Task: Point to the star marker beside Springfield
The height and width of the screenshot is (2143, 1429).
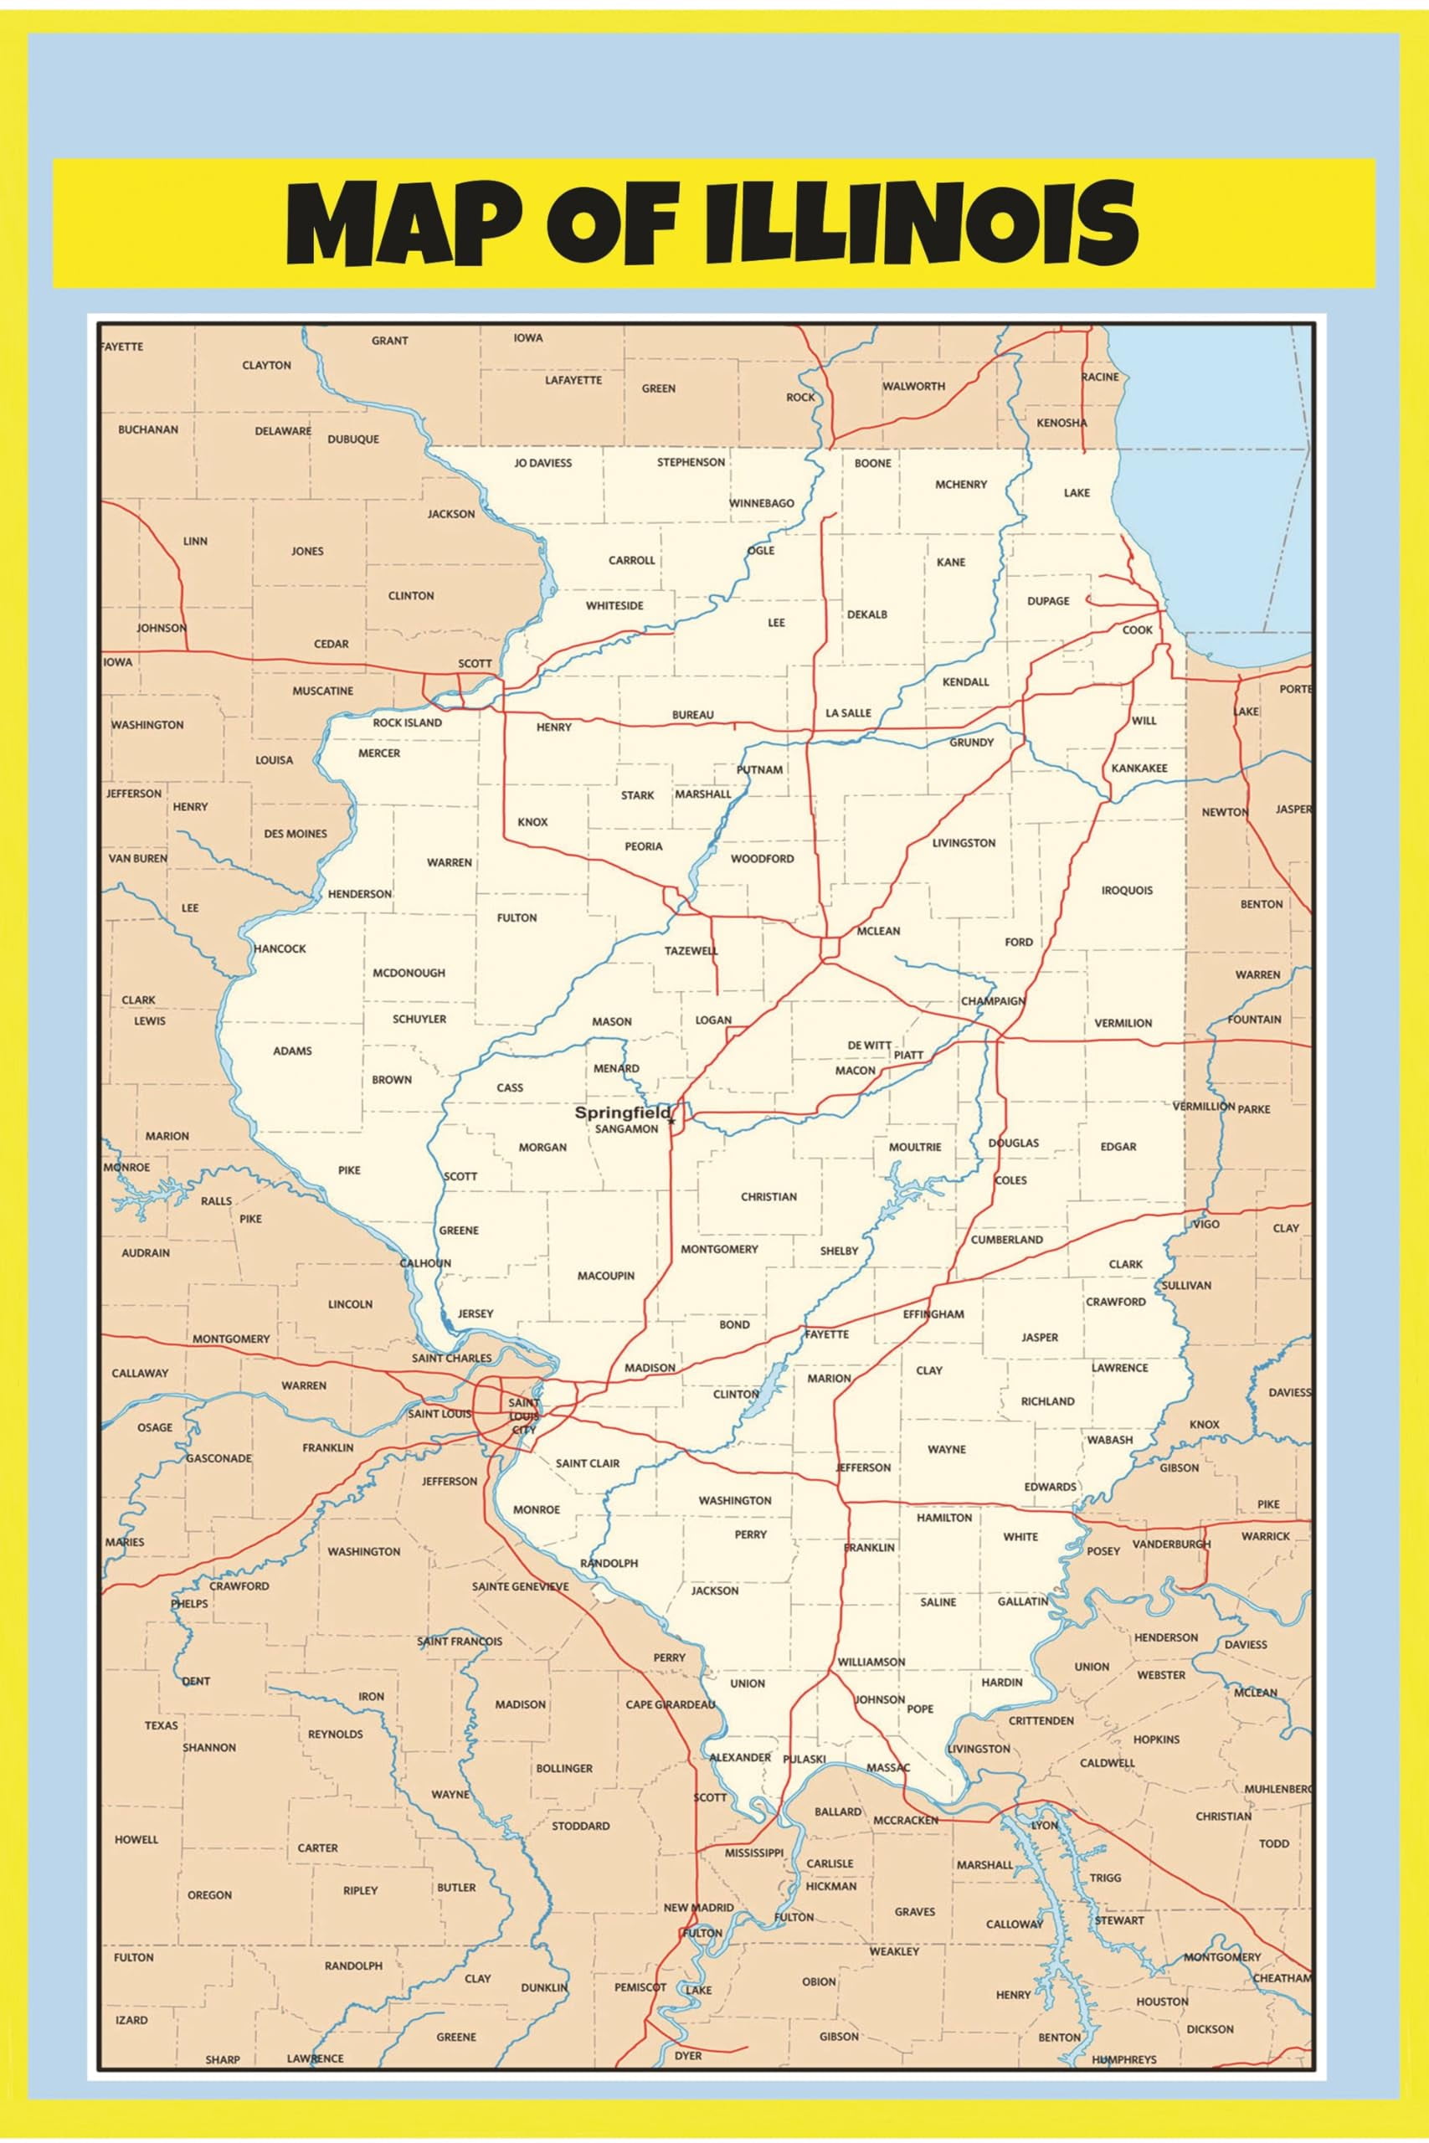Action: point(671,1121)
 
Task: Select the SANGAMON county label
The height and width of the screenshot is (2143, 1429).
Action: point(626,1129)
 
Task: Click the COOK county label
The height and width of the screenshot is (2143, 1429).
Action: point(1138,630)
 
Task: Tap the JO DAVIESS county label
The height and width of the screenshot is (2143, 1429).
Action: point(542,463)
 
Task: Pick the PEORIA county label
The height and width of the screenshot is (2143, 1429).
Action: point(644,846)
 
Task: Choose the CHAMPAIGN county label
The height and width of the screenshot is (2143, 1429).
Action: point(993,1000)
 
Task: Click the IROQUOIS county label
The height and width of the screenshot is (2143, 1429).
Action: point(1127,890)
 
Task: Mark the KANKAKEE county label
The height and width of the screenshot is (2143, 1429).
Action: point(1139,768)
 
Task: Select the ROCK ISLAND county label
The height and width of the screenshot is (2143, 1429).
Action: point(407,722)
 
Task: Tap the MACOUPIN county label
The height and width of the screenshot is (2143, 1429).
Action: point(606,1276)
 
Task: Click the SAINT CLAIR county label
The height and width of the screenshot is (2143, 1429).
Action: point(587,1463)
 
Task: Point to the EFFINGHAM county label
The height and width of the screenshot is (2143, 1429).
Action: point(933,1314)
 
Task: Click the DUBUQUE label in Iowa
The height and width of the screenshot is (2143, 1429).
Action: point(353,439)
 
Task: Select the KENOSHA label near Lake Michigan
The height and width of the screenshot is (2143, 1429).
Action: point(1061,423)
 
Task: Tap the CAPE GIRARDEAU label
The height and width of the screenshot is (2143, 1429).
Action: point(671,1704)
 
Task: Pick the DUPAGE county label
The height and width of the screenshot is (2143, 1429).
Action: point(1048,601)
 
